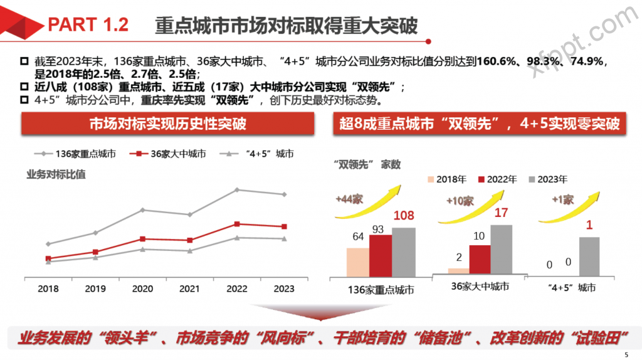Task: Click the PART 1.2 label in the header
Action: [88, 24]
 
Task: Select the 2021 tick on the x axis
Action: [189, 289]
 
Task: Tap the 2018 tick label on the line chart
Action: [48, 289]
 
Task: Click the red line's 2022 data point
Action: [236, 223]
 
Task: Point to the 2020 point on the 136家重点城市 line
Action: [142, 209]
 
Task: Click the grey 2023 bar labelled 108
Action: [403, 251]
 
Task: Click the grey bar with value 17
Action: [501, 249]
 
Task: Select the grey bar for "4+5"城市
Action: [589, 256]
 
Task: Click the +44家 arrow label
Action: [349, 199]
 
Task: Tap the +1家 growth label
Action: [562, 199]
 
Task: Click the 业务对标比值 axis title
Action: [56, 174]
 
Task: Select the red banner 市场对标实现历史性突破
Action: [167, 124]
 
